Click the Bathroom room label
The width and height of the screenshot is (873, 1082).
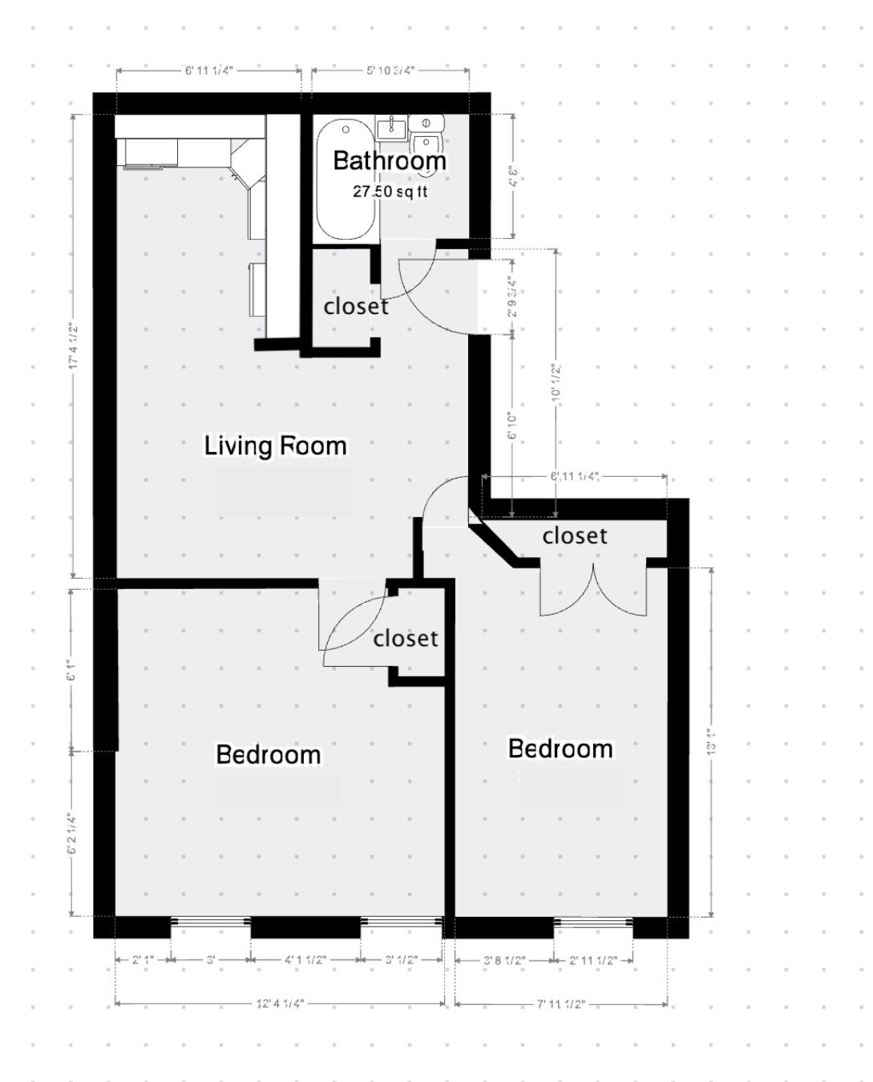point(389,161)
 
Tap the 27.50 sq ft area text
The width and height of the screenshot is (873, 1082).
point(390,192)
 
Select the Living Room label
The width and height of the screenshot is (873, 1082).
point(275,446)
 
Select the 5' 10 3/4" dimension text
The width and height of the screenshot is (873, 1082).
point(390,71)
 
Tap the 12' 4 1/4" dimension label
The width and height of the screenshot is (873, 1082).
point(280,1003)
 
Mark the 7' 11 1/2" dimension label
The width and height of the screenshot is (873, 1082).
point(561,1004)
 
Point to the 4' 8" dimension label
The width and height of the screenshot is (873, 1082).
point(513,176)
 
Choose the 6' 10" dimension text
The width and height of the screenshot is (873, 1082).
point(512,426)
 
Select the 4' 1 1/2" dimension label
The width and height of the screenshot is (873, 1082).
point(305,960)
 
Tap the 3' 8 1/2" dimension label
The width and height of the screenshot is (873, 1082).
point(504,960)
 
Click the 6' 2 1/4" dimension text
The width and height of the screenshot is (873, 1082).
point(72,834)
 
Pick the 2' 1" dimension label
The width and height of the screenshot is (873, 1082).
point(143,960)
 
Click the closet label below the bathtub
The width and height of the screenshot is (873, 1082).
point(356,307)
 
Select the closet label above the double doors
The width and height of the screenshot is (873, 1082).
point(575,535)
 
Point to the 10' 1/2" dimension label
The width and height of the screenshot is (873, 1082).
point(556,384)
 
